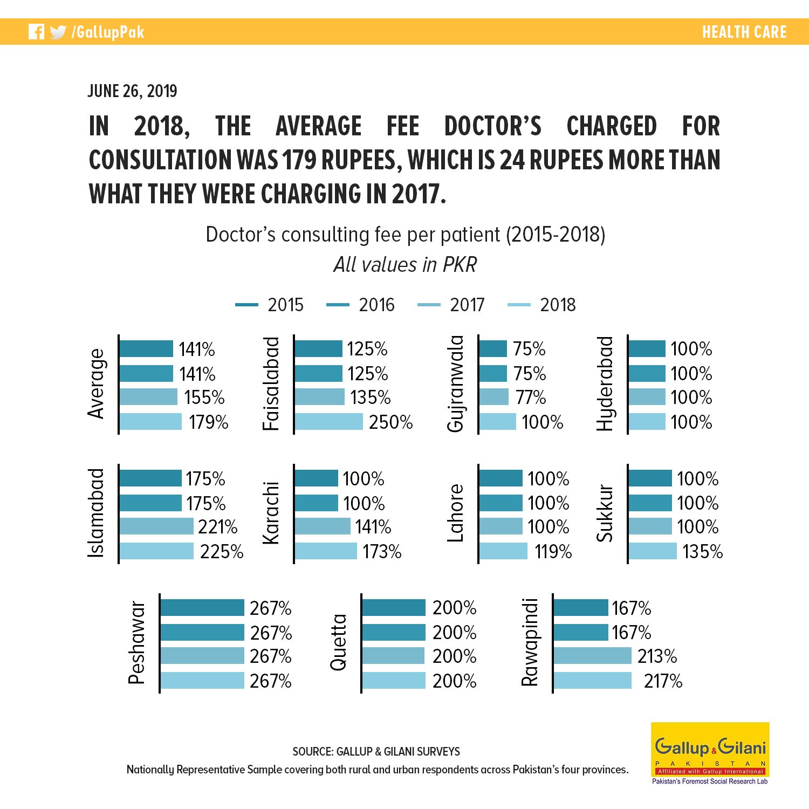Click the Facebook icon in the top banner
coord(36,32)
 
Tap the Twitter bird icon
coord(58,32)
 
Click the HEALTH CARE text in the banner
coord(744,32)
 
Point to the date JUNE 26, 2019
coord(132,91)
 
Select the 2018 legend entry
coord(541,305)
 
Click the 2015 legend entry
coord(269,305)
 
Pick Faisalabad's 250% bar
coord(329,422)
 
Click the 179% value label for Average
coord(209,422)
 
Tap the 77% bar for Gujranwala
coord(494,397)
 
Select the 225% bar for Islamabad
coord(156,551)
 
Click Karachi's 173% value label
coord(382,552)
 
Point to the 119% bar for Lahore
coord(503,551)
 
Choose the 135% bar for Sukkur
coord(653,551)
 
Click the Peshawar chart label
coord(137,643)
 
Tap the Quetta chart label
coord(338,642)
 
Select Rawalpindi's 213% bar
coord(593,656)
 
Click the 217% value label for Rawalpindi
coord(663,681)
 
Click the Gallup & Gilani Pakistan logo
coord(710,753)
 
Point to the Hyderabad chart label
coord(605,383)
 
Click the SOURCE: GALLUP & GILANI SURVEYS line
coord(376,751)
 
